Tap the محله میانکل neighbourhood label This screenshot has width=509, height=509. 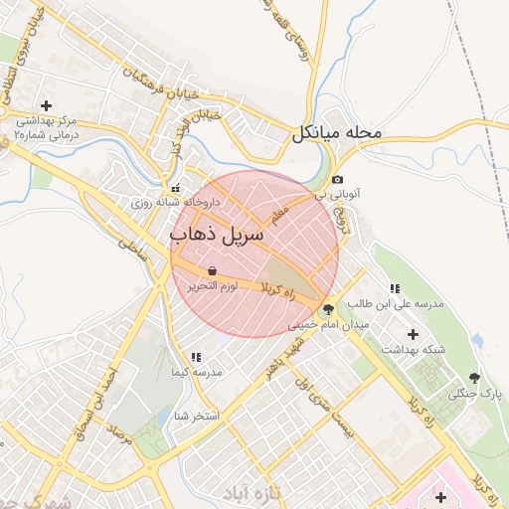pos(337,132)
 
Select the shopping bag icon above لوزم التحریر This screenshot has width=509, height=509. pos(213,270)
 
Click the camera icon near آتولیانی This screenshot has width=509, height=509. pos(338,179)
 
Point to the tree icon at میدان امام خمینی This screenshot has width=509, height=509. pos(329,310)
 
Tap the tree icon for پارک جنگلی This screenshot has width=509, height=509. pos(473,378)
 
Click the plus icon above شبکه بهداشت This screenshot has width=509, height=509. pos(414,334)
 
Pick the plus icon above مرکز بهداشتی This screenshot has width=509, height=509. pos(46,105)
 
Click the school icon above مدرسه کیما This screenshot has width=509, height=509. pos(196,356)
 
